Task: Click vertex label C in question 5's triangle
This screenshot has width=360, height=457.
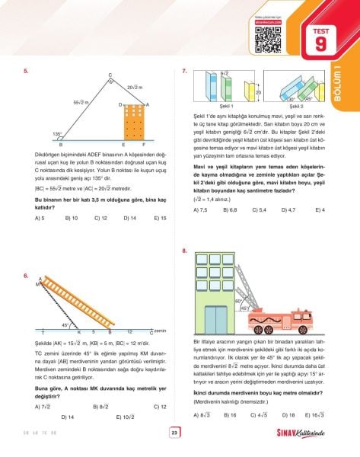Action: click(110, 75)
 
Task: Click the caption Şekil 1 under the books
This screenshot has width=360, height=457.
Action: click(226, 107)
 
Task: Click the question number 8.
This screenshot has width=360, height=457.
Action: click(185, 251)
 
